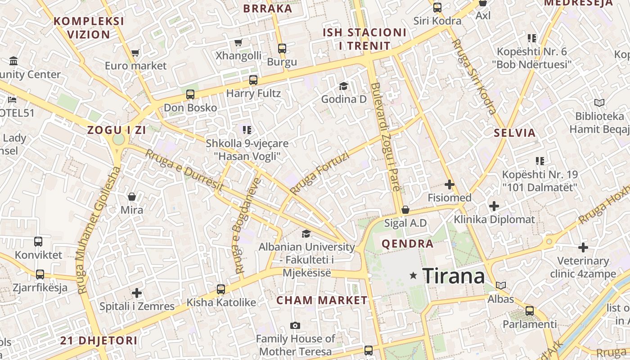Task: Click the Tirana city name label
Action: click(454, 276)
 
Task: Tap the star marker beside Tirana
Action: click(413, 275)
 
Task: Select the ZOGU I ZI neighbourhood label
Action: click(117, 130)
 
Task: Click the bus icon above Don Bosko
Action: click(190, 94)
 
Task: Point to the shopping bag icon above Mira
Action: click(132, 197)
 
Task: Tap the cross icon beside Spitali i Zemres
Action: click(137, 293)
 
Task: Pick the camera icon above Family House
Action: click(295, 325)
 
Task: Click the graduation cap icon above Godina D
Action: click(344, 86)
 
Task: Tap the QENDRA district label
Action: click(408, 244)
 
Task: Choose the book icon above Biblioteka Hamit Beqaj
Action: click(599, 103)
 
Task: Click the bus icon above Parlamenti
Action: click(530, 311)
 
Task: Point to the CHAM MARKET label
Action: click(322, 300)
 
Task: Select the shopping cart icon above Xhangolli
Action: click(238, 43)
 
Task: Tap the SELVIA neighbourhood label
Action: click(515, 133)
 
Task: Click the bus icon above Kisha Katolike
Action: click(220, 289)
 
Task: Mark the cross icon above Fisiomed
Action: click(449, 184)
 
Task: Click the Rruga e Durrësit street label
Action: click(184, 169)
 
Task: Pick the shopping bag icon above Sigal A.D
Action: click(405, 210)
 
